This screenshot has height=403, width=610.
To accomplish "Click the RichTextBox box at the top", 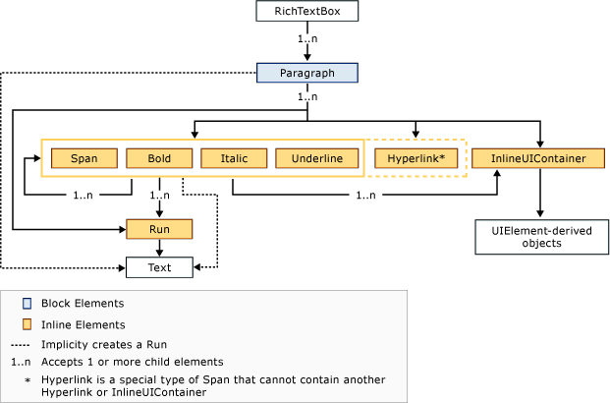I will pyautogui.click(x=307, y=12).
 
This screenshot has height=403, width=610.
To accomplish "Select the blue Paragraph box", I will pyautogui.click(x=307, y=72).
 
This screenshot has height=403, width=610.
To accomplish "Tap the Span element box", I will pyautogui.click(x=83, y=157).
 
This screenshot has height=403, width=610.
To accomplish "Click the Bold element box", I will pyautogui.click(x=158, y=157).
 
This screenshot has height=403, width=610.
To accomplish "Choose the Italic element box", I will pyautogui.click(x=233, y=157).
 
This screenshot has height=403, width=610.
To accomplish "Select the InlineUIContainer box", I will pyautogui.click(x=538, y=157).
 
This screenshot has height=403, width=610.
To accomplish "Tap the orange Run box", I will pyautogui.click(x=158, y=229).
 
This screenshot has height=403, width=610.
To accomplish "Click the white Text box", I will pyautogui.click(x=158, y=266).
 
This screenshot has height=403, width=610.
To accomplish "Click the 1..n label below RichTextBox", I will pyautogui.click(x=307, y=40).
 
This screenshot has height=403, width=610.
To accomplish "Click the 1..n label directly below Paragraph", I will pyautogui.click(x=307, y=97).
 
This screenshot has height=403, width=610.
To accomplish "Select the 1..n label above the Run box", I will pyautogui.click(x=158, y=197).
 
